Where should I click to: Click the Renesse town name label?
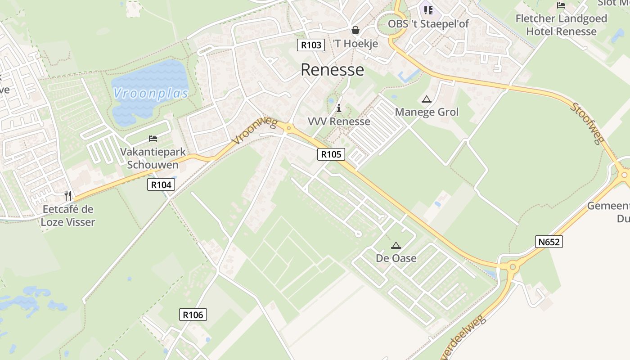[332, 70]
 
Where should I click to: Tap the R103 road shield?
[311, 45]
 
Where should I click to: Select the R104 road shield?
[161, 184]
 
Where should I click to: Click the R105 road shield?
[331, 154]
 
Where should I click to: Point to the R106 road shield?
[193, 315]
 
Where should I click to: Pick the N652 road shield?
[549, 242]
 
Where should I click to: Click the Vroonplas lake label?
[150, 93]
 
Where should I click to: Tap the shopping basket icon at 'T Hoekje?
[355, 30]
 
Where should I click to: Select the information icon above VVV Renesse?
[339, 108]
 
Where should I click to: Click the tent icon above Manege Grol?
[427, 99]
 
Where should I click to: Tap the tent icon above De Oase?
[396, 245]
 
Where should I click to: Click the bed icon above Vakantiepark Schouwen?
[153, 138]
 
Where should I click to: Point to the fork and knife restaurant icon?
[68, 195]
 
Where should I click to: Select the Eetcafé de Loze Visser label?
[68, 216]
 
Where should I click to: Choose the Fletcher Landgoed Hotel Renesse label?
[561, 25]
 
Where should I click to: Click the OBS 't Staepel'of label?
[428, 23]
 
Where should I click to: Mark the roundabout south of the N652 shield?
[512, 267]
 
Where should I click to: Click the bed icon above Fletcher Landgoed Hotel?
[561, 5]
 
